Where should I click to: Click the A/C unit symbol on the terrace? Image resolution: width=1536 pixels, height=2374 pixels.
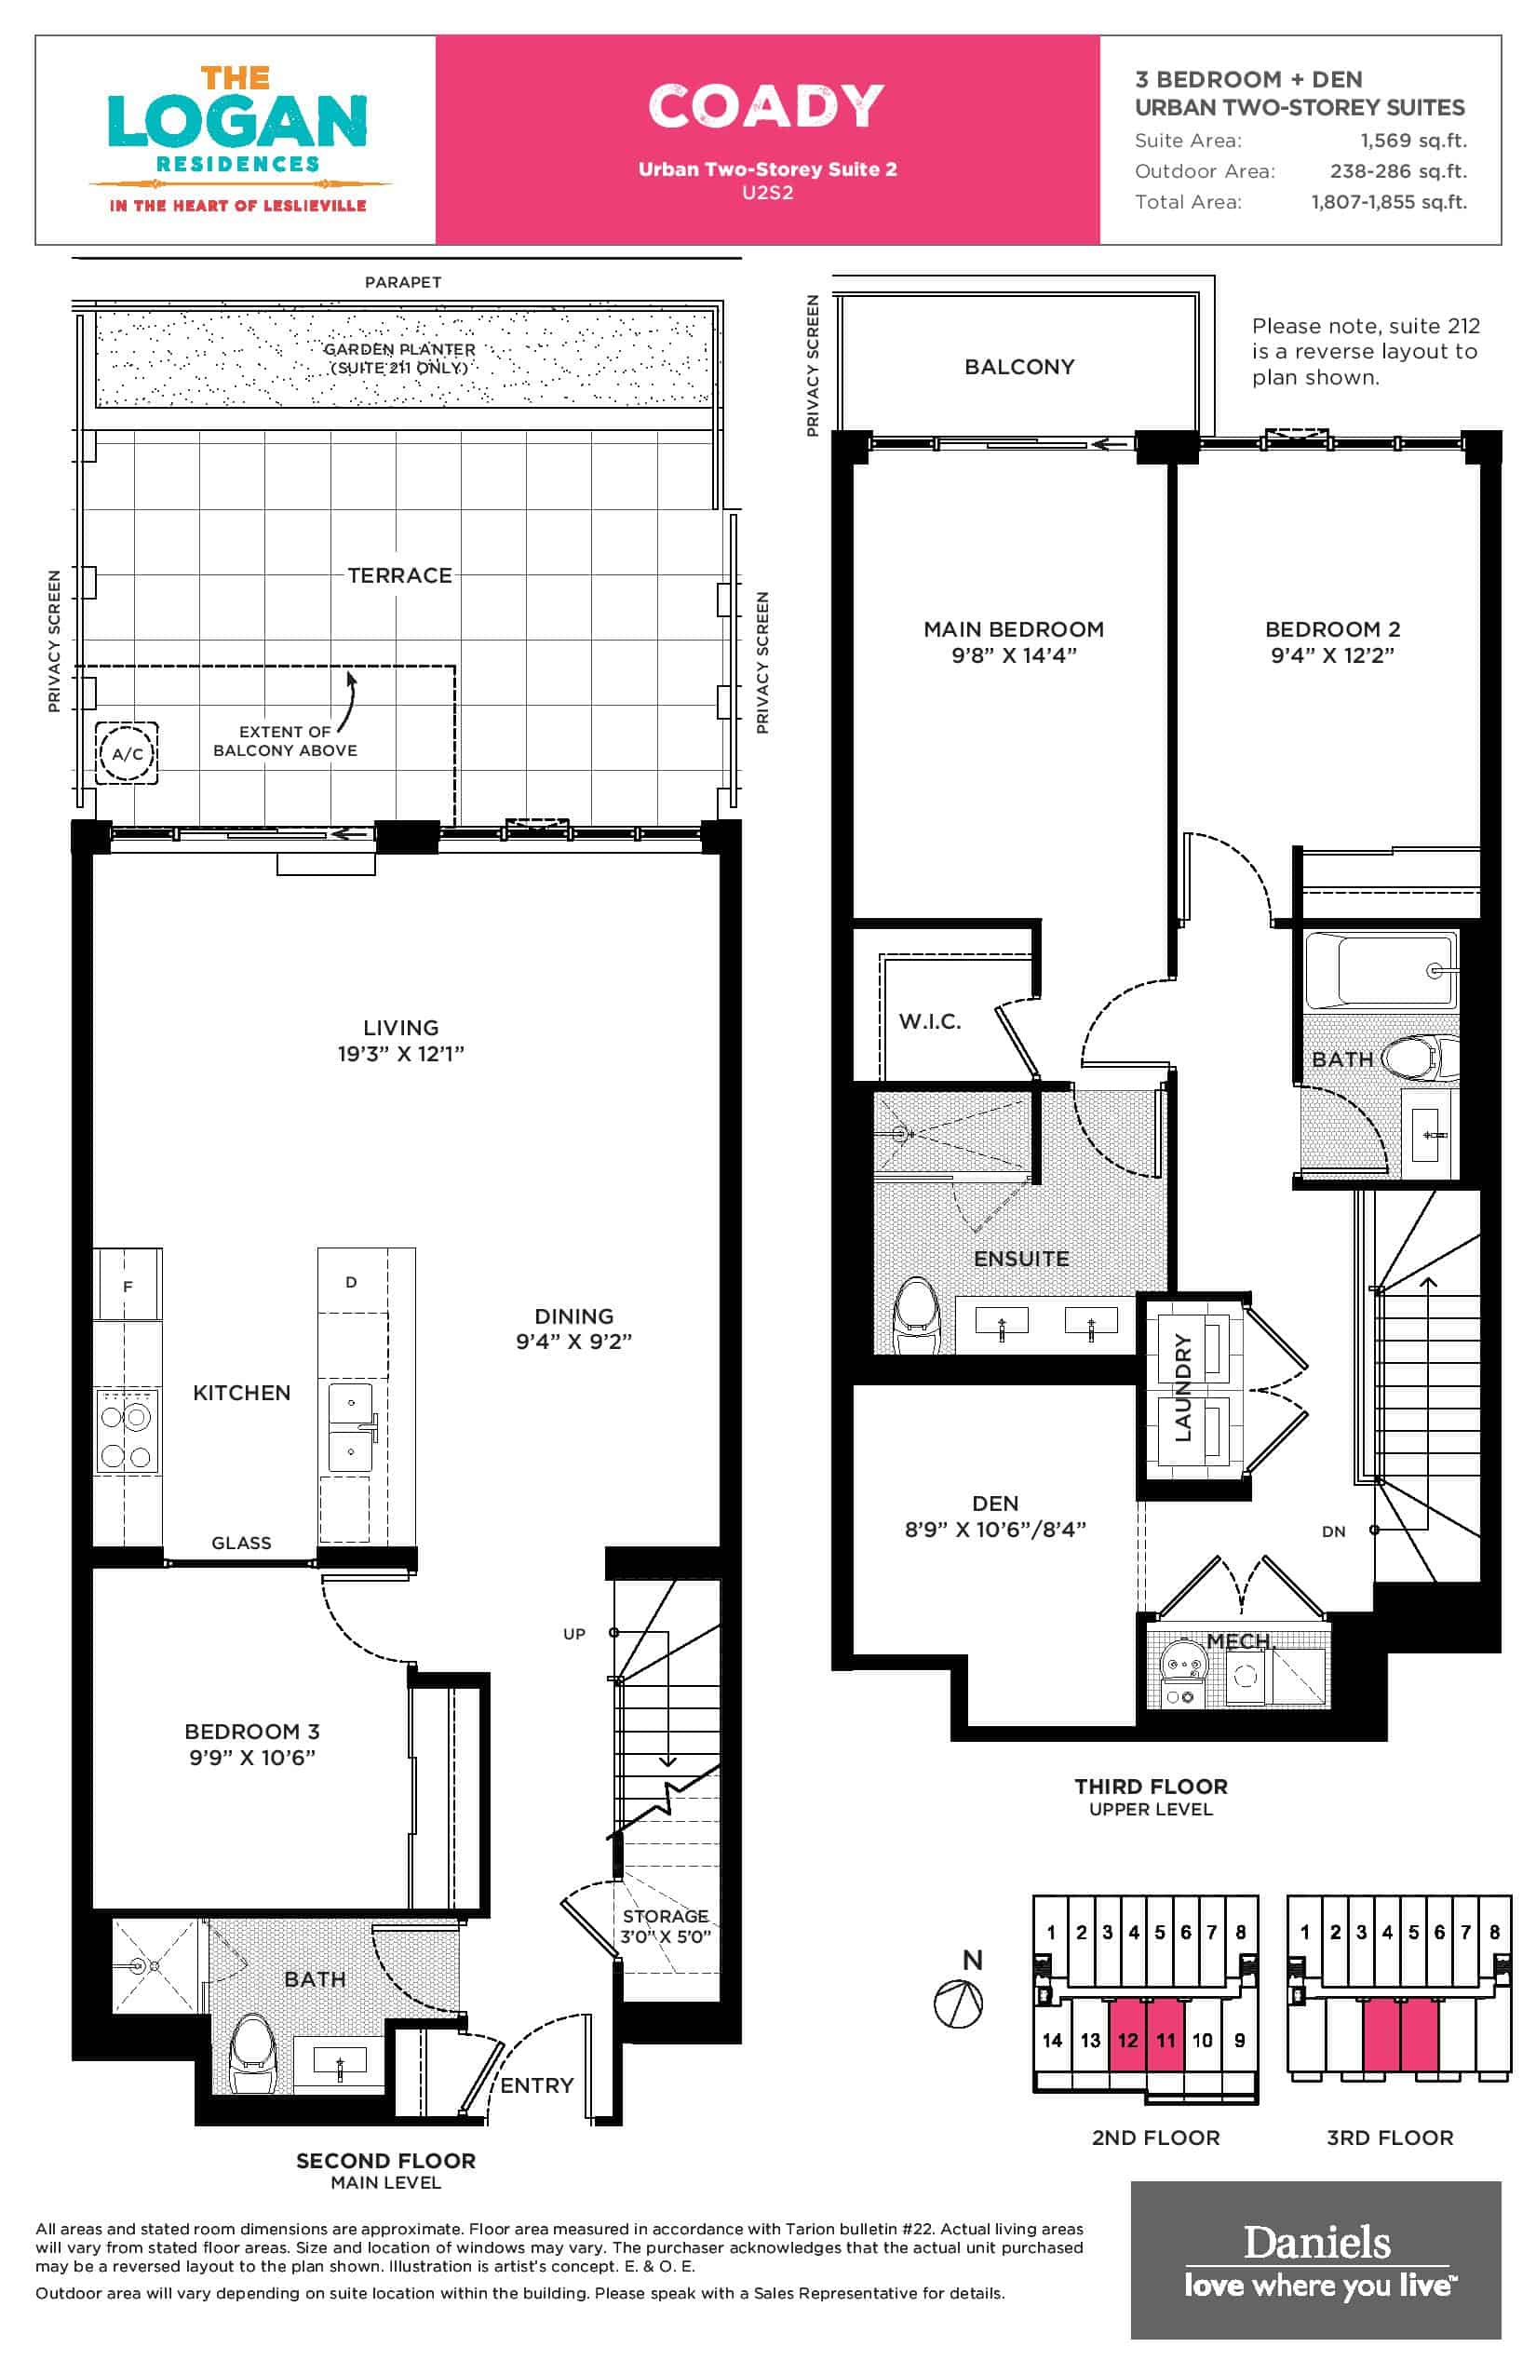point(127,753)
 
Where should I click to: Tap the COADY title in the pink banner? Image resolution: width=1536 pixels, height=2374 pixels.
point(766,106)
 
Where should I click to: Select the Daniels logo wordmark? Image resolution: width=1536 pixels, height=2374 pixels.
point(1316,2244)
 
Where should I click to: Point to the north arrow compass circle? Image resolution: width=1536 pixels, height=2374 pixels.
point(958,2003)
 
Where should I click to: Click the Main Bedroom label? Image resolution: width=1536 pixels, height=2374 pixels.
point(1014,629)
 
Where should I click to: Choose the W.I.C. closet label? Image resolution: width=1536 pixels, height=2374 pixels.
point(930,1021)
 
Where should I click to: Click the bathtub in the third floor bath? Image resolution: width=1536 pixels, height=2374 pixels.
point(1381,969)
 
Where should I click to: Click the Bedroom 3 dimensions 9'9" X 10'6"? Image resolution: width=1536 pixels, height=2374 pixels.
point(252,1758)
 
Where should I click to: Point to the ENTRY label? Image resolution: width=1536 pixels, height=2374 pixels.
point(536,2084)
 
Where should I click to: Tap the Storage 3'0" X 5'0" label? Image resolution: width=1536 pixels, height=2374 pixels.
point(666,1926)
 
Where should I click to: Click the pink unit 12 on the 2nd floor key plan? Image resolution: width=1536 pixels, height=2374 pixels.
point(1127,2038)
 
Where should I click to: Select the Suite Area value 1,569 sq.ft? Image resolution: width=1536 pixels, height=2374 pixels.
point(1413,141)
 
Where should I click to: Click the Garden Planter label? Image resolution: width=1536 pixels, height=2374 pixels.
point(399,358)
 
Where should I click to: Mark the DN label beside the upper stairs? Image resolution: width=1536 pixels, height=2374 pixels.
point(1333,1531)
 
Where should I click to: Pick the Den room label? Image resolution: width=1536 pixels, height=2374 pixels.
point(995,1504)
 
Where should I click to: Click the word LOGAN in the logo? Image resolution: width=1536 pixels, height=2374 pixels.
point(237,122)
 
